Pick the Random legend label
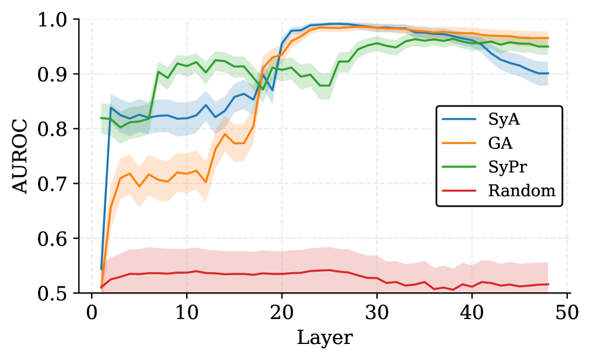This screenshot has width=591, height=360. tap(522, 190)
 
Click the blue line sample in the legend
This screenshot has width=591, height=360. tap(459, 120)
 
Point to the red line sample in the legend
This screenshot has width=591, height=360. tap(459, 190)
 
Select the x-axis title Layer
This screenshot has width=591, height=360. tap(324, 338)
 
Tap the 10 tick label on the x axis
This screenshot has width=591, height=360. tap(187, 311)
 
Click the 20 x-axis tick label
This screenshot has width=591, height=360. tap(282, 311)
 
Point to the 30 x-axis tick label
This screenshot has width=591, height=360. tap(377, 311)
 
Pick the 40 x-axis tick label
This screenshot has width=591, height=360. tap(472, 311)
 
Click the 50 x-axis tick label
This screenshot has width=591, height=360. tap(567, 311)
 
